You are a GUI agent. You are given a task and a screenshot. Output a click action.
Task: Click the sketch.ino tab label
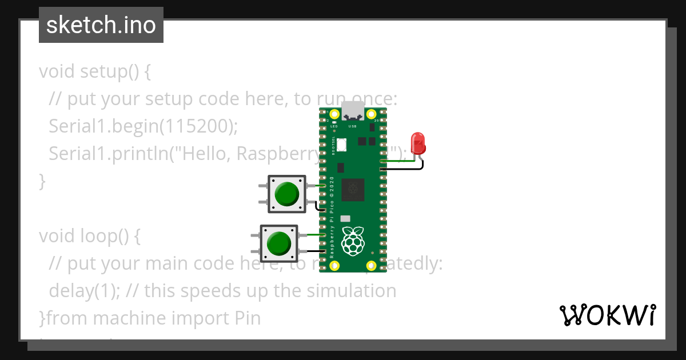(101, 25)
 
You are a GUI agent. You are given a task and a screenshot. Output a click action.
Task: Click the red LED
(418, 143)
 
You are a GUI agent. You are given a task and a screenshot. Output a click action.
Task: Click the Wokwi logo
(607, 315)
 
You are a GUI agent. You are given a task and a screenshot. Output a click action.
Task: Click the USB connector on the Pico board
(352, 111)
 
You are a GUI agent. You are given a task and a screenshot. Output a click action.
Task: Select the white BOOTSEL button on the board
(342, 145)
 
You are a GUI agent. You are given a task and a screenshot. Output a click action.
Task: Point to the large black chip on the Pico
(353, 189)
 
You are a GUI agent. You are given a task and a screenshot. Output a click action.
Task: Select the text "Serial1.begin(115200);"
(143, 126)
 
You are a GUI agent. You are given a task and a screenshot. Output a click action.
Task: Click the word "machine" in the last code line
(139, 318)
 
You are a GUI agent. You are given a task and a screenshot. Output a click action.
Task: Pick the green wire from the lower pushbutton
(311, 235)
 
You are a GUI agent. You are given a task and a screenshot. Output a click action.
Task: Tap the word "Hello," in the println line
(205, 154)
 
